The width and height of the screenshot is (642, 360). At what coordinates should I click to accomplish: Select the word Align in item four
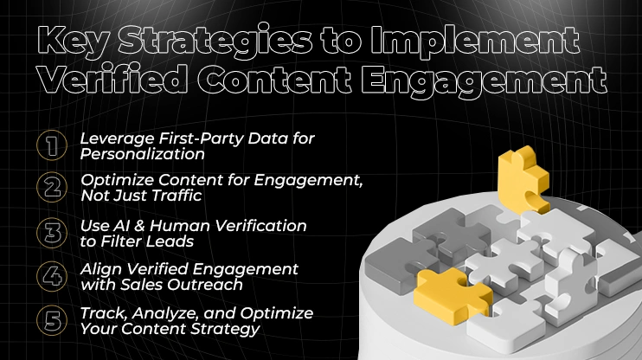click(x=100, y=269)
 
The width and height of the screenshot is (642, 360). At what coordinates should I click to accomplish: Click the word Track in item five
click(x=101, y=312)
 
